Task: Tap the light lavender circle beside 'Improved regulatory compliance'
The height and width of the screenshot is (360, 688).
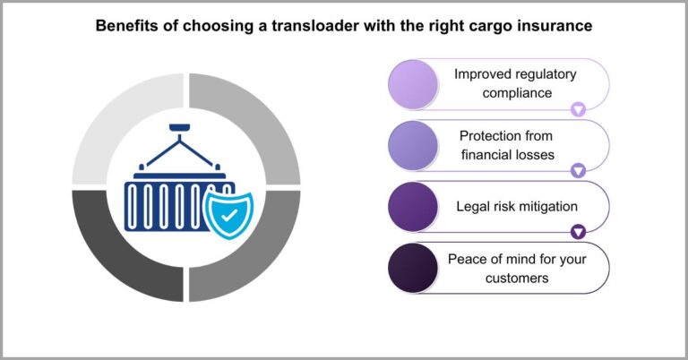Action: (413, 83)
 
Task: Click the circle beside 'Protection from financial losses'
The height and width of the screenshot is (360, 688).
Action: (413, 145)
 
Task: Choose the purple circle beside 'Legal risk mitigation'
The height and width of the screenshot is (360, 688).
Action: (413, 207)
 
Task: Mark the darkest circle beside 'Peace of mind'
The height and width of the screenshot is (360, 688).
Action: (413, 268)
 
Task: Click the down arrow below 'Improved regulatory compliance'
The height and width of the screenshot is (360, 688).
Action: (578, 109)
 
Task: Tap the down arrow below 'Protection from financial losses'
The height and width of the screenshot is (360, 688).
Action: (578, 170)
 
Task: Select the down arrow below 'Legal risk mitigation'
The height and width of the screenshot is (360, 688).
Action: (578, 231)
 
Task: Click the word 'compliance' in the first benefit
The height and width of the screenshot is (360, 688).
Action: (515, 92)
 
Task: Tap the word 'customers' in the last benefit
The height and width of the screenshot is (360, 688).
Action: (515, 278)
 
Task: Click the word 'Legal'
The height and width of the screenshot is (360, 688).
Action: (473, 207)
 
